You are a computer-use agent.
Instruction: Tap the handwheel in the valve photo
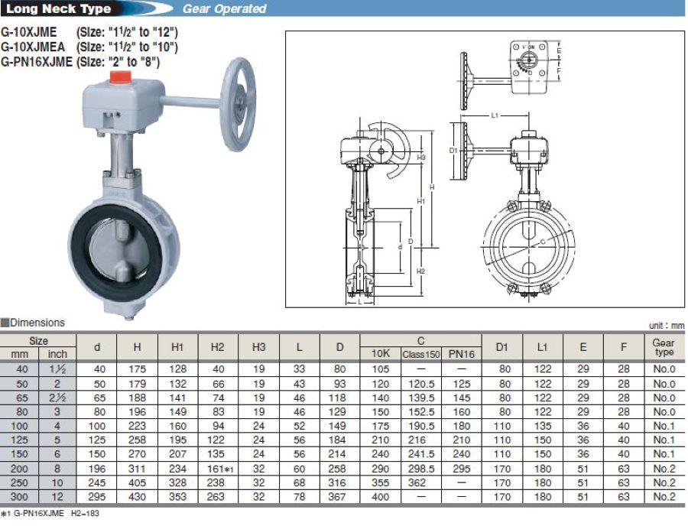239,105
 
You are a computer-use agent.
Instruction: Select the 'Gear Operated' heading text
224,8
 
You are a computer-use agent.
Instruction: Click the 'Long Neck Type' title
58,8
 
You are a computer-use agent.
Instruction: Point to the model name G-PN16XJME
37,62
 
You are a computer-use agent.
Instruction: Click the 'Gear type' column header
664,347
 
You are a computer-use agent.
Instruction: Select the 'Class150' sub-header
420,354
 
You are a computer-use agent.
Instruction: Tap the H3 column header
258,347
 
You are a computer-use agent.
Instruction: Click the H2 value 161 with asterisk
220,469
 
